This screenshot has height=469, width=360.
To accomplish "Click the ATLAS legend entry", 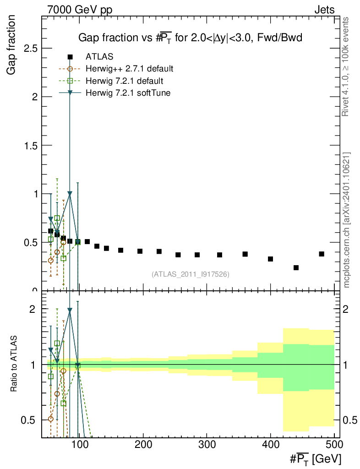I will pos(99,57).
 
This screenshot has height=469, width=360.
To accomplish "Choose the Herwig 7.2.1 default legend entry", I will pos(124,81).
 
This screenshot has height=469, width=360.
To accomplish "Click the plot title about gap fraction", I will pos(190,38).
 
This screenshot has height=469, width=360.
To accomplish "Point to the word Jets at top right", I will pos(324,10).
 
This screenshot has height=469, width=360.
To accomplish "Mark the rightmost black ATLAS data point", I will pos(322,254).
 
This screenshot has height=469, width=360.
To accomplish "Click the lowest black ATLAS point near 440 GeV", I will pos(296,267).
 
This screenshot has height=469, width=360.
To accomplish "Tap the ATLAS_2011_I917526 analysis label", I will pos(191,274).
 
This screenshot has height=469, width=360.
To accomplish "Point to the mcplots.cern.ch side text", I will pos(346,220).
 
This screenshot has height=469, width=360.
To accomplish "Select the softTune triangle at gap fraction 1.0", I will pos(70,194).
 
